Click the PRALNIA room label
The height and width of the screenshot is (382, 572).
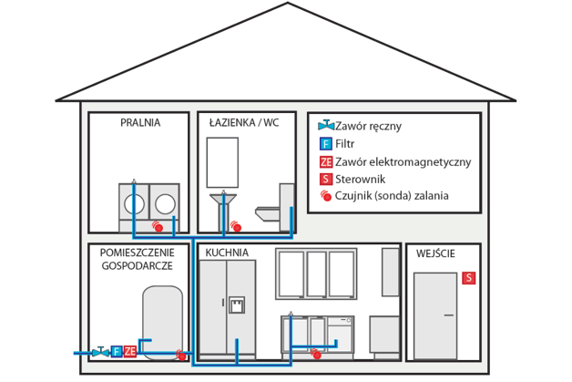tap(140, 122)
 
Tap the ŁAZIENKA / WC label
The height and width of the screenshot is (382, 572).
tap(244, 122)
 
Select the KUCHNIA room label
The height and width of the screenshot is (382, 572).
tap(228, 253)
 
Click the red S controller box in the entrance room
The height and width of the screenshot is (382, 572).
tap(469, 277)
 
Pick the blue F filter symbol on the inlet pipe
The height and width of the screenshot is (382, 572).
tap(117, 351)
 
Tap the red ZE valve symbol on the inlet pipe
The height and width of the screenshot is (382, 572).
tap(130, 351)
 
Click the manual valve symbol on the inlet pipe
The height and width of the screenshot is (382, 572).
tap(101, 350)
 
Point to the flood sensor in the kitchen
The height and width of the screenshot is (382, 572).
tap(316, 354)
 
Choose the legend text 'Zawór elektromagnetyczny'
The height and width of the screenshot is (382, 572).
tap(403, 161)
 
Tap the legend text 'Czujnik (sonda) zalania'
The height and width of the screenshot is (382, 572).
tap(392, 195)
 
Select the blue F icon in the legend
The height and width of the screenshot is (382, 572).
tap(325, 144)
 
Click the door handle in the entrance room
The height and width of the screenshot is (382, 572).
tap(451, 315)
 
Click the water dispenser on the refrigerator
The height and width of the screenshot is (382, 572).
tap(238, 304)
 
